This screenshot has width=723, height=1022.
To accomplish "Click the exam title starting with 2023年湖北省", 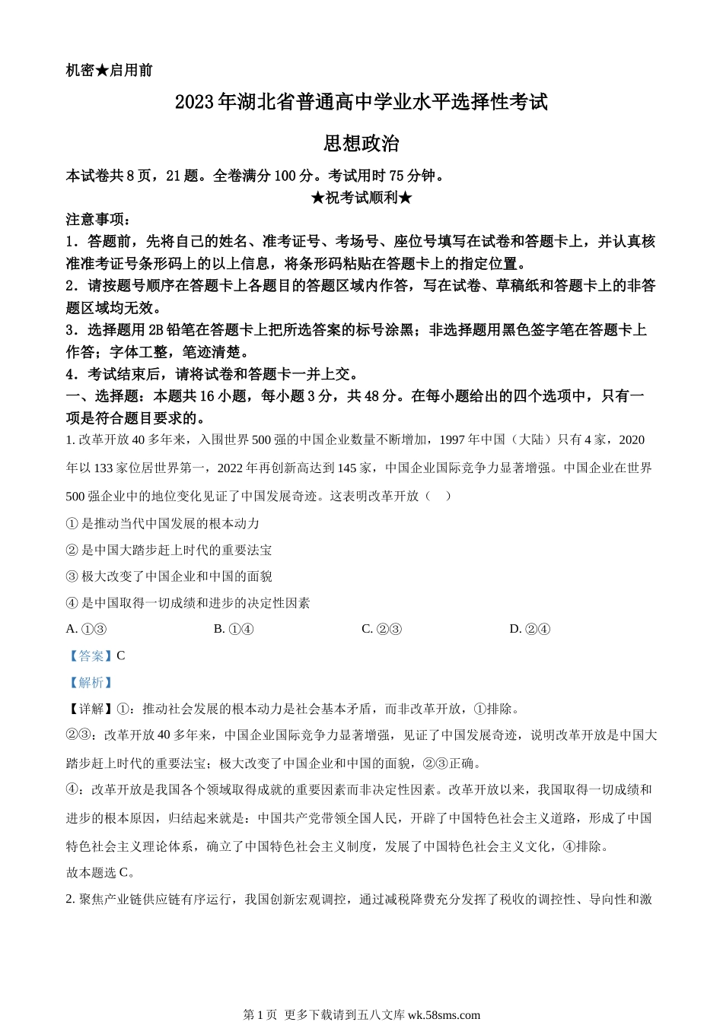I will (x=361, y=103).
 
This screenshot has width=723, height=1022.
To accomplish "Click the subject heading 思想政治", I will (x=361, y=144).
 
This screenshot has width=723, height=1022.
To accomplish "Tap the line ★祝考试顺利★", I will (x=361, y=198).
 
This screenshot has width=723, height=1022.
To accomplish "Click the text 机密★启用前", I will (x=110, y=71).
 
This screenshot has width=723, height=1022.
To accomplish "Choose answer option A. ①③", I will (x=86, y=629).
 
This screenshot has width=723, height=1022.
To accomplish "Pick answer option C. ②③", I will (x=381, y=629).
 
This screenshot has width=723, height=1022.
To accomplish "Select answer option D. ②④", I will (x=530, y=629).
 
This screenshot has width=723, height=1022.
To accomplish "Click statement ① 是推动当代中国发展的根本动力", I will (x=163, y=523).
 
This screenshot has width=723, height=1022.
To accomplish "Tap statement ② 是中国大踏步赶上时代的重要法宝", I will (x=169, y=550).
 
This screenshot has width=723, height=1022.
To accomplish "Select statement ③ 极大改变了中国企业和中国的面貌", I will (x=169, y=576).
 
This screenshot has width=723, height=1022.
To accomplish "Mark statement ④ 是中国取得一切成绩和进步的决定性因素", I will (x=188, y=603).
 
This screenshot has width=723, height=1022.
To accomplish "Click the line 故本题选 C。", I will (x=100, y=872).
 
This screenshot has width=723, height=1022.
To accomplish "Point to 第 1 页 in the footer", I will (x=260, y=1014).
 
